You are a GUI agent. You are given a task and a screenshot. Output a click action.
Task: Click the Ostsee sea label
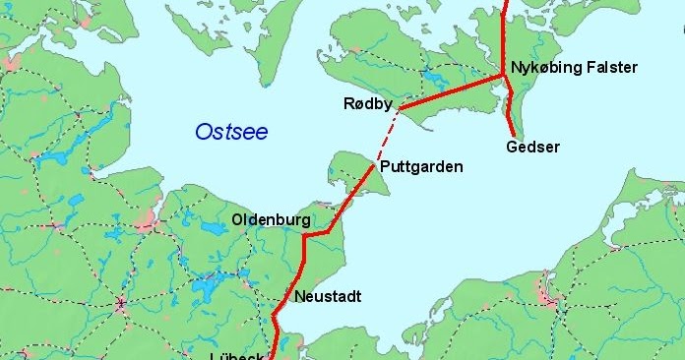tap(231, 132)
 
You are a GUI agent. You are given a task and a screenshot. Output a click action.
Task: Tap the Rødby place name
tap(368, 104)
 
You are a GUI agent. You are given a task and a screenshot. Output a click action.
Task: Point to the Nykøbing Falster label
tap(575, 68)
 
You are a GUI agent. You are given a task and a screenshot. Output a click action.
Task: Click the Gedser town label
tap(531, 148)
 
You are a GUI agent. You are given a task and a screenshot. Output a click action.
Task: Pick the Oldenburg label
tap(271, 218)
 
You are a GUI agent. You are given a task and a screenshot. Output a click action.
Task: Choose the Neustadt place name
tap(328, 296)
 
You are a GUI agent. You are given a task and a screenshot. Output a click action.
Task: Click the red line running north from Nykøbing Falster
tap(505, 34)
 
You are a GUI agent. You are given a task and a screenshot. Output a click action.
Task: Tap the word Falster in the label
tap(612, 68)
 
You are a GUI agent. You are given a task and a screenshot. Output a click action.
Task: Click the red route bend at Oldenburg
tap(305, 236)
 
